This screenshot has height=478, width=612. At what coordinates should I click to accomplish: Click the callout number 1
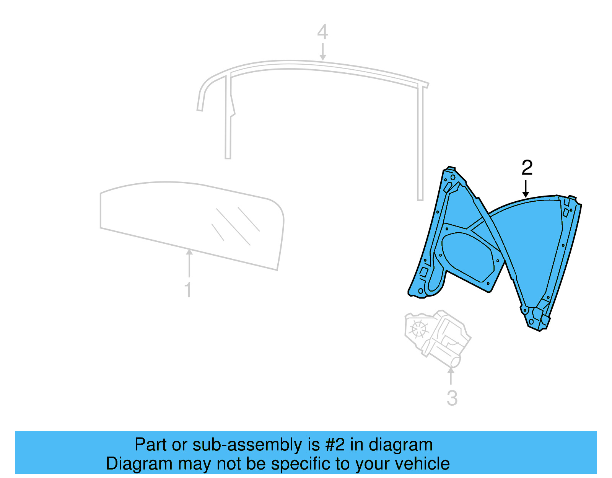[188, 290]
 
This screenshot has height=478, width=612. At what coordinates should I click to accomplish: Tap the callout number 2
[527, 168]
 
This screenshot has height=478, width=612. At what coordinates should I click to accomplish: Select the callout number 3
[452, 398]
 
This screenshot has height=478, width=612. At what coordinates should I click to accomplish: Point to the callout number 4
[322, 32]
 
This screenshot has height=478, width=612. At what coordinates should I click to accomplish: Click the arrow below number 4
[323, 52]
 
